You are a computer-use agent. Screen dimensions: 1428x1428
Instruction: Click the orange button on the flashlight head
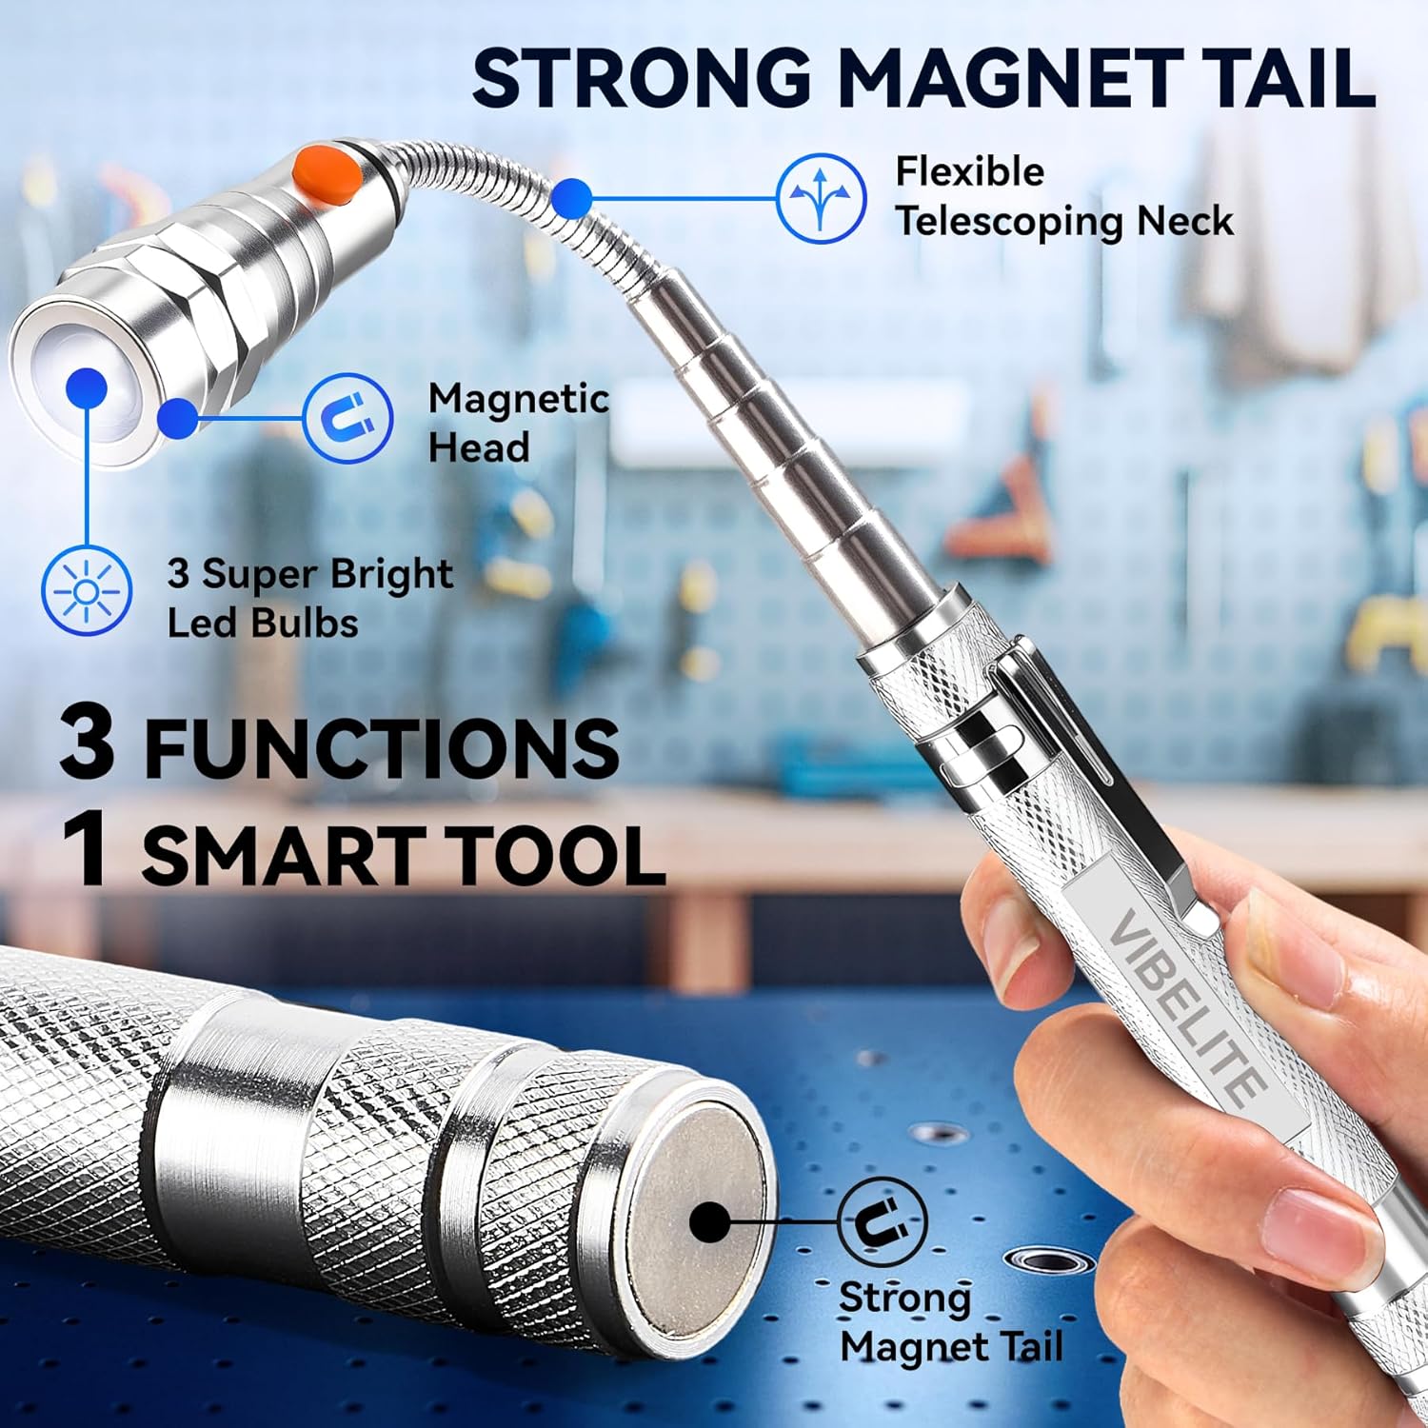tap(326, 172)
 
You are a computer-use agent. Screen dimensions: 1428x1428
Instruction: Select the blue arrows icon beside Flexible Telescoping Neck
tap(822, 198)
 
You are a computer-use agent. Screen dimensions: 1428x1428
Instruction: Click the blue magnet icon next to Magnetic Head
tap(347, 418)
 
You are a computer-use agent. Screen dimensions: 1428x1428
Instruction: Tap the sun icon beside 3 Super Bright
tap(87, 591)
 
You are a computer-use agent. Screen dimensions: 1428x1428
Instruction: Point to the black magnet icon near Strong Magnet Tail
tap(883, 1221)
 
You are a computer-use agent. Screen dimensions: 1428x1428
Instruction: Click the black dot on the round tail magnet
tap(710, 1222)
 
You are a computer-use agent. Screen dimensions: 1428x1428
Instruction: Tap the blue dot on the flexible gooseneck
tap(571, 199)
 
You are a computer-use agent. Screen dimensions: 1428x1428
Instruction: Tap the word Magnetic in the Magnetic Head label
tap(519, 399)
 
